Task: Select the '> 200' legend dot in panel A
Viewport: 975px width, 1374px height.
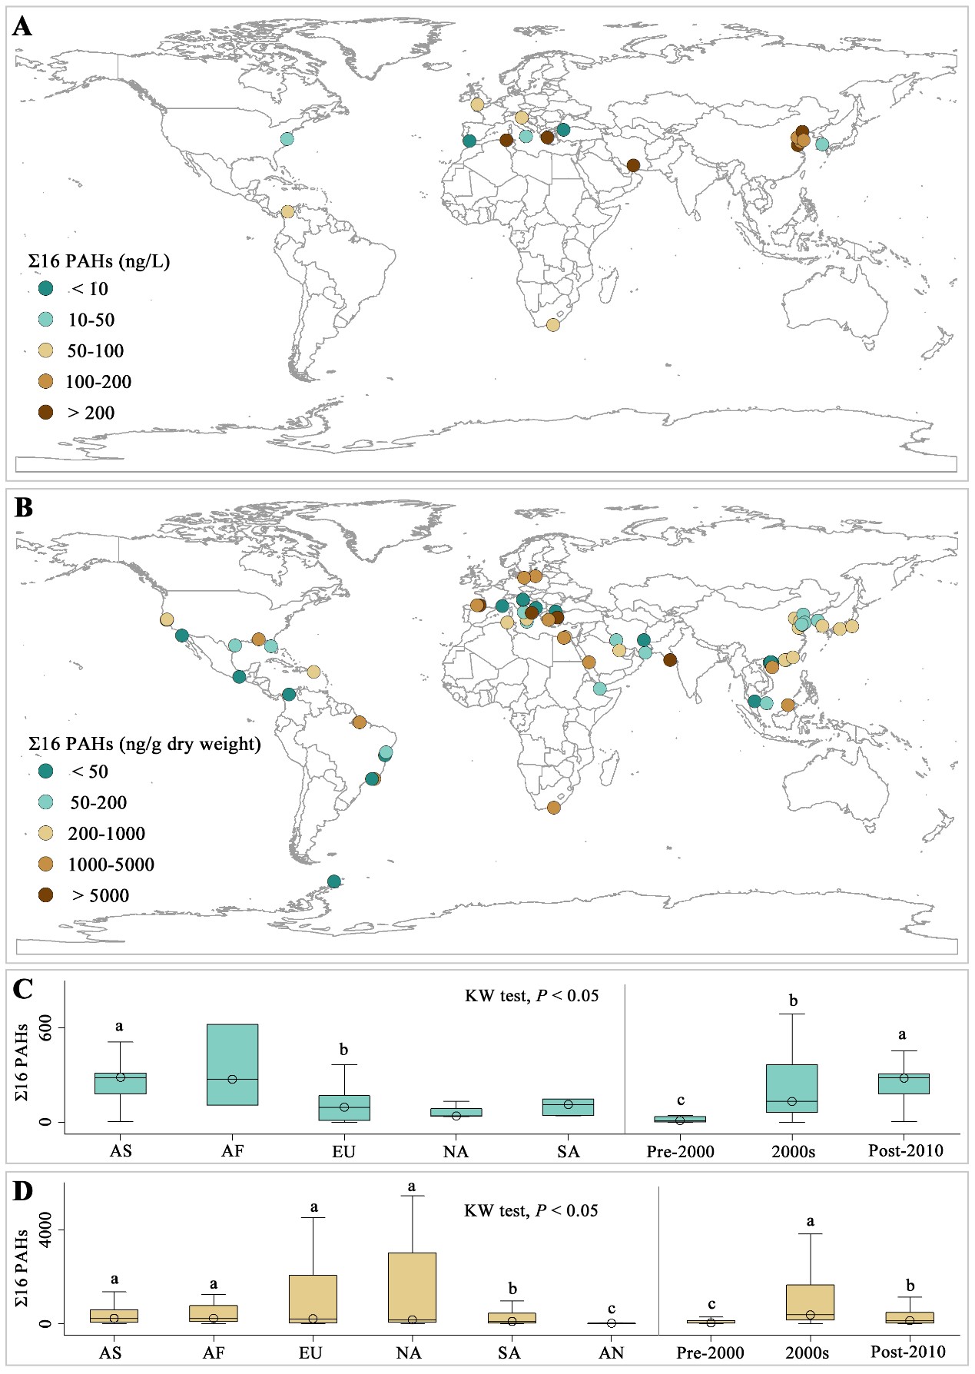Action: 46,413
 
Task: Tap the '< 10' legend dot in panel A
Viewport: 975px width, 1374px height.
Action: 46,289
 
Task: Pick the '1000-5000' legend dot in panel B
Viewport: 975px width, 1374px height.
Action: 46,865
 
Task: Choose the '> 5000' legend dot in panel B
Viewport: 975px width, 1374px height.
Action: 46,895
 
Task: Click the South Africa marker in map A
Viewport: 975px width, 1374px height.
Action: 553,325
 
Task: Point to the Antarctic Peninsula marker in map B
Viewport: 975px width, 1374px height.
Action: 333,881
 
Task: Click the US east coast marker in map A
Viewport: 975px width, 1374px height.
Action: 287,139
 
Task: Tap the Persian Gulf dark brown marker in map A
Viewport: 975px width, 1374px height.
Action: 633,165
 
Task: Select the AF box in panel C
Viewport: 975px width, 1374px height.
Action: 233,1064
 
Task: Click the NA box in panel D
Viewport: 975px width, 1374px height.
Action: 413,1287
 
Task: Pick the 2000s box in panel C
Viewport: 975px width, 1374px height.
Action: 792,1088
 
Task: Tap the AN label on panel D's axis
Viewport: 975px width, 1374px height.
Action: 612,1352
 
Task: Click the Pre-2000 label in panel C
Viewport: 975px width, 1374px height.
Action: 681,1152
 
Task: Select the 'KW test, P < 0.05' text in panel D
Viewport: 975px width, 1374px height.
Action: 531,1211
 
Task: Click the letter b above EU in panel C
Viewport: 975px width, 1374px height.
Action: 344,1050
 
